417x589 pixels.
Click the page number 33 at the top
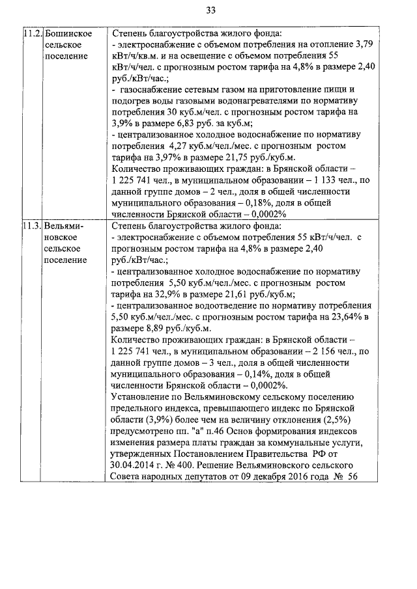[210, 10]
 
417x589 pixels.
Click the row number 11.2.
[33, 33]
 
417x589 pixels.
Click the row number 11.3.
[33, 226]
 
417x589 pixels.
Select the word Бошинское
[68, 33]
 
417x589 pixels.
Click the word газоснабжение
[155, 89]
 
